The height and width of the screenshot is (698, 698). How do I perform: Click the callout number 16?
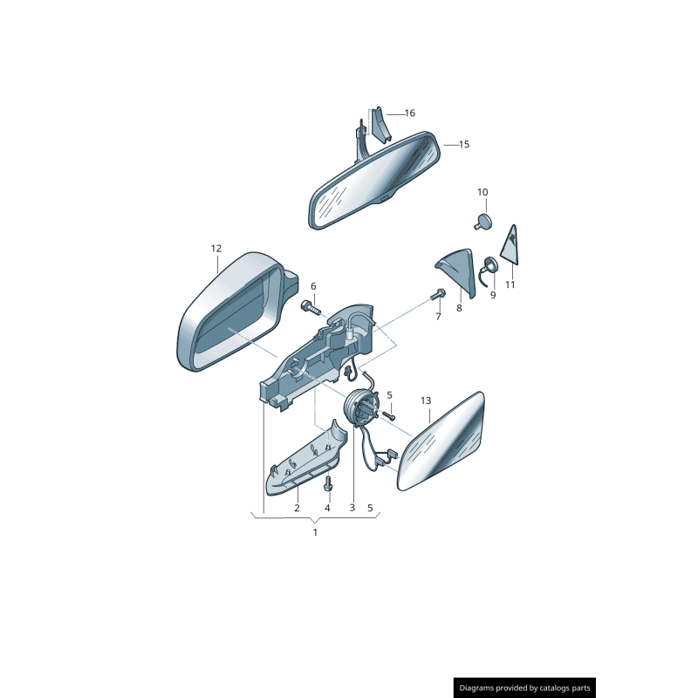pyautogui.click(x=409, y=113)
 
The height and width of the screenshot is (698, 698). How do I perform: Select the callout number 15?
pyautogui.click(x=463, y=144)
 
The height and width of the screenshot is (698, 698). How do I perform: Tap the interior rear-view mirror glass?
pyautogui.click(x=375, y=181)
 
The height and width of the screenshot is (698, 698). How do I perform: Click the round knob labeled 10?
pyautogui.click(x=482, y=219)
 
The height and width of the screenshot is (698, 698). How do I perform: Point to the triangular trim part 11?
pyautogui.click(x=511, y=246)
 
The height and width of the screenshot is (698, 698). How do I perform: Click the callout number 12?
pyautogui.click(x=216, y=249)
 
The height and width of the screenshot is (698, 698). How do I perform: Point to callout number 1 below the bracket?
pyautogui.click(x=315, y=531)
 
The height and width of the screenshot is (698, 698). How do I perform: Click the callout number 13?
pyautogui.click(x=426, y=401)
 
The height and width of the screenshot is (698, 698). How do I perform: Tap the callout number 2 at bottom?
pyautogui.click(x=297, y=508)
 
